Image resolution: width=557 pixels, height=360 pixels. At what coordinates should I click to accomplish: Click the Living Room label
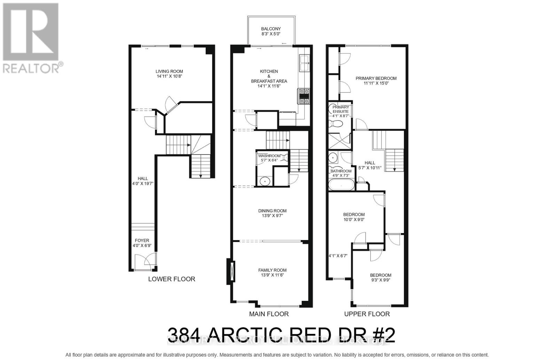tap(169, 71)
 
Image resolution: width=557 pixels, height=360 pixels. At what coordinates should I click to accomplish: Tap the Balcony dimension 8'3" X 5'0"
tap(271, 34)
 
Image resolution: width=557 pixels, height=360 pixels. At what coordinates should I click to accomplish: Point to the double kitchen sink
tap(304, 63)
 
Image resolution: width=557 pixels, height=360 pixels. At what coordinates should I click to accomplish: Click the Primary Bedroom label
tap(376, 78)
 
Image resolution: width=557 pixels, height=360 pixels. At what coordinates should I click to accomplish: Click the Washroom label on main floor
tap(269, 156)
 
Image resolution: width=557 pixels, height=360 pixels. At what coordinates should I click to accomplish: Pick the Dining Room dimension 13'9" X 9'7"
tap(272, 216)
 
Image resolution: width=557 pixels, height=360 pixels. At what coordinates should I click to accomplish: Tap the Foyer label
tap(142, 240)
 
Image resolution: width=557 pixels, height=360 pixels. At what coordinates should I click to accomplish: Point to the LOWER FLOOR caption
tap(172, 279)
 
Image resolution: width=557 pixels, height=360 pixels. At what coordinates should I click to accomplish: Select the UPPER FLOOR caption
tap(367, 314)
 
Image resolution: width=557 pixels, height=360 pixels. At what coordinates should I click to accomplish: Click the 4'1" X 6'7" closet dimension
tap(338, 256)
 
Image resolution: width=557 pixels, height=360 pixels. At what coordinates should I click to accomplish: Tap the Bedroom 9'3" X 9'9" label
tap(381, 275)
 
